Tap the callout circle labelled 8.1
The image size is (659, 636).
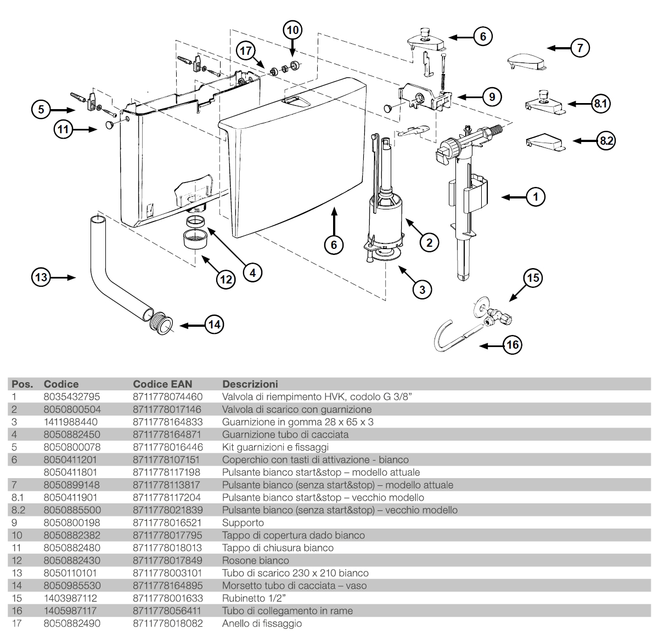(x=602, y=104)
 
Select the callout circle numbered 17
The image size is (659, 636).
(x=247, y=51)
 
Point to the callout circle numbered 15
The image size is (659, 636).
(x=533, y=278)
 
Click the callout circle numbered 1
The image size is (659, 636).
(x=536, y=196)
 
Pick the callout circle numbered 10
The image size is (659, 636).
(x=293, y=30)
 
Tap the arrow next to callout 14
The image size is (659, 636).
(x=191, y=325)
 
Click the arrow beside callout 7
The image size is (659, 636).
(x=558, y=48)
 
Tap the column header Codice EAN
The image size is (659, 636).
(x=162, y=384)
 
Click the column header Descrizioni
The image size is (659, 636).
(x=250, y=384)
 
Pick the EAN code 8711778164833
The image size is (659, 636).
(x=167, y=422)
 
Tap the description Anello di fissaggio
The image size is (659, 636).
(x=262, y=623)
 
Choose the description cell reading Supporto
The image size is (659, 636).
(x=243, y=523)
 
